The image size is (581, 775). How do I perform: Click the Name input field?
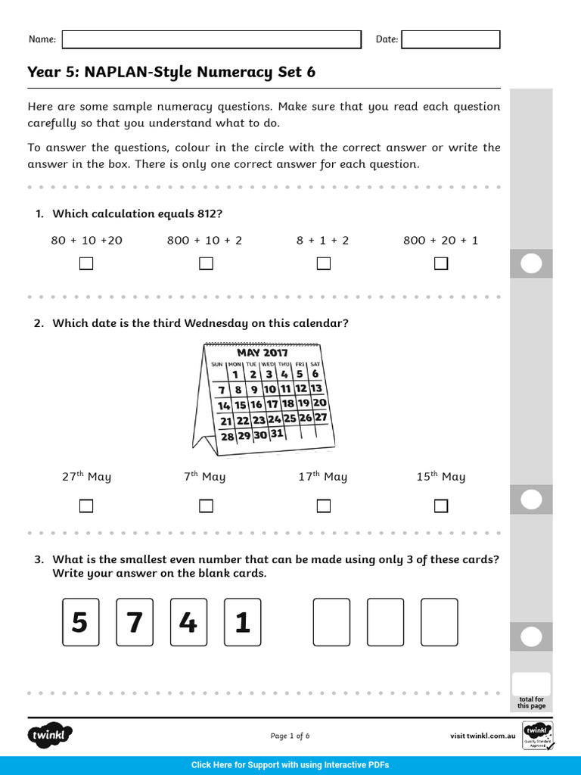(x=211, y=39)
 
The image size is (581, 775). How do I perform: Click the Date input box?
(x=450, y=39)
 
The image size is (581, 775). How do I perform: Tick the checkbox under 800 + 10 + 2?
(x=206, y=263)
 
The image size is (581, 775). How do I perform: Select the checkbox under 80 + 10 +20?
(x=86, y=263)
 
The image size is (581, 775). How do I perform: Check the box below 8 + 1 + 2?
(x=324, y=263)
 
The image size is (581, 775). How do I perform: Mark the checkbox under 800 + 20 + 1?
(x=441, y=263)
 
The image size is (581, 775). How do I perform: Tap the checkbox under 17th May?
(x=324, y=506)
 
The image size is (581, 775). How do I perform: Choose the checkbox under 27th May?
(x=86, y=506)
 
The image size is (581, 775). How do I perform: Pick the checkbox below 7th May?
(x=206, y=506)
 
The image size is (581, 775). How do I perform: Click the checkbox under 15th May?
(x=441, y=506)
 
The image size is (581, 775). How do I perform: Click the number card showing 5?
(x=80, y=622)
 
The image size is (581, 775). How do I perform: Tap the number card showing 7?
(x=135, y=622)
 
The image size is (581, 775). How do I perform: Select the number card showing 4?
(x=188, y=622)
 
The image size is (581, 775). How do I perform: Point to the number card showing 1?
(x=242, y=622)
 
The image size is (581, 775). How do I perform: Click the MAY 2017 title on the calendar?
(x=263, y=353)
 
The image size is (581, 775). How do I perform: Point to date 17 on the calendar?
(x=272, y=404)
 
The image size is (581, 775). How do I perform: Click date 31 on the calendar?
(x=276, y=434)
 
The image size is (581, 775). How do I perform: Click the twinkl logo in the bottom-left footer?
(x=51, y=735)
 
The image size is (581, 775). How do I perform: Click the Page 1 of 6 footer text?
(x=290, y=736)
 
